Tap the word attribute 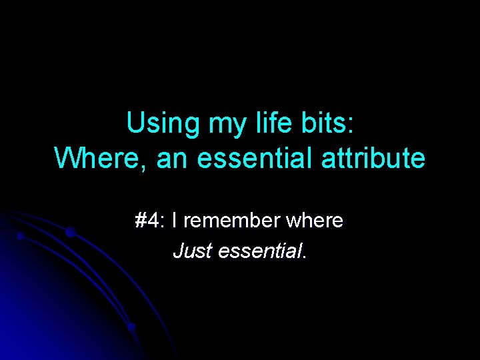tap(374, 159)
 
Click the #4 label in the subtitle tap(148, 220)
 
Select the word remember tap(225, 220)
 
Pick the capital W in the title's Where tap(69, 159)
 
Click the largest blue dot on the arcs tap(70, 232)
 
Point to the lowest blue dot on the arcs tap(131, 327)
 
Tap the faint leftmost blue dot tap(21, 236)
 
